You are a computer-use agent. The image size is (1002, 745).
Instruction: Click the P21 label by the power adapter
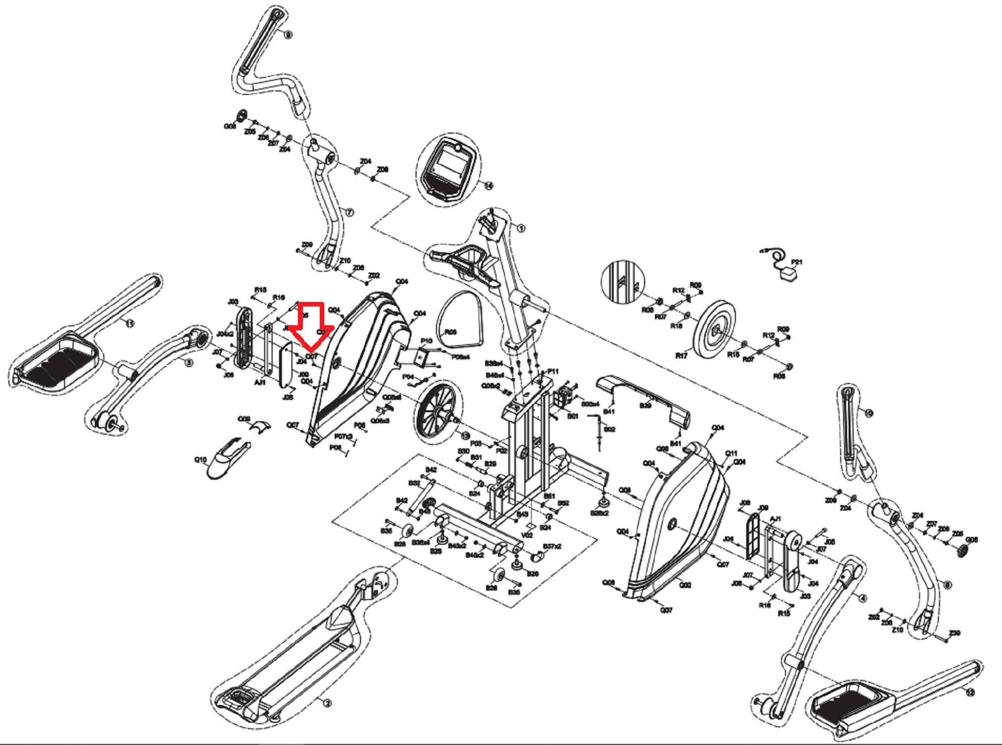tap(796, 262)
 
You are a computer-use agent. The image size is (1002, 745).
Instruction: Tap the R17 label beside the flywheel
tap(681, 356)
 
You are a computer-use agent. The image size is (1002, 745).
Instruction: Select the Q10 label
tap(200, 460)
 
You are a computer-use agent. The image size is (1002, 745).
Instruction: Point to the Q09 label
tap(244, 419)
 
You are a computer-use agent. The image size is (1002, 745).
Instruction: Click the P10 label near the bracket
tap(426, 341)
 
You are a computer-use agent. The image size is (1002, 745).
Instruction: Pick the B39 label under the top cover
tap(645, 406)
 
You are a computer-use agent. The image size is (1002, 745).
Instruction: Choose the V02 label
tap(527, 535)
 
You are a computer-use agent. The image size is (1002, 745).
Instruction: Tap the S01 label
tap(573, 416)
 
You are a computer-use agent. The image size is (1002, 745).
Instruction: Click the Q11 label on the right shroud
tap(731, 453)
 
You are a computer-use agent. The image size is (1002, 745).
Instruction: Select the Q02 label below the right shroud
tap(685, 585)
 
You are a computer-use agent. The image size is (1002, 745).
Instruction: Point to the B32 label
tap(414, 483)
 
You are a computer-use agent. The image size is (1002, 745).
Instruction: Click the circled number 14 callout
tap(489, 186)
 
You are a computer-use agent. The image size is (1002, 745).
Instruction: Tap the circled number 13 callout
tap(465, 436)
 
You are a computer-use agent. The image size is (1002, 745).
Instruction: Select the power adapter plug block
tap(788, 275)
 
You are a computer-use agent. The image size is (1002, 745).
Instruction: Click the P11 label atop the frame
tap(553, 371)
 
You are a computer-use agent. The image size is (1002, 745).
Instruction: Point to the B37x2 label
tap(552, 546)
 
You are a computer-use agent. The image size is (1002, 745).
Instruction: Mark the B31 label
tap(476, 457)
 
